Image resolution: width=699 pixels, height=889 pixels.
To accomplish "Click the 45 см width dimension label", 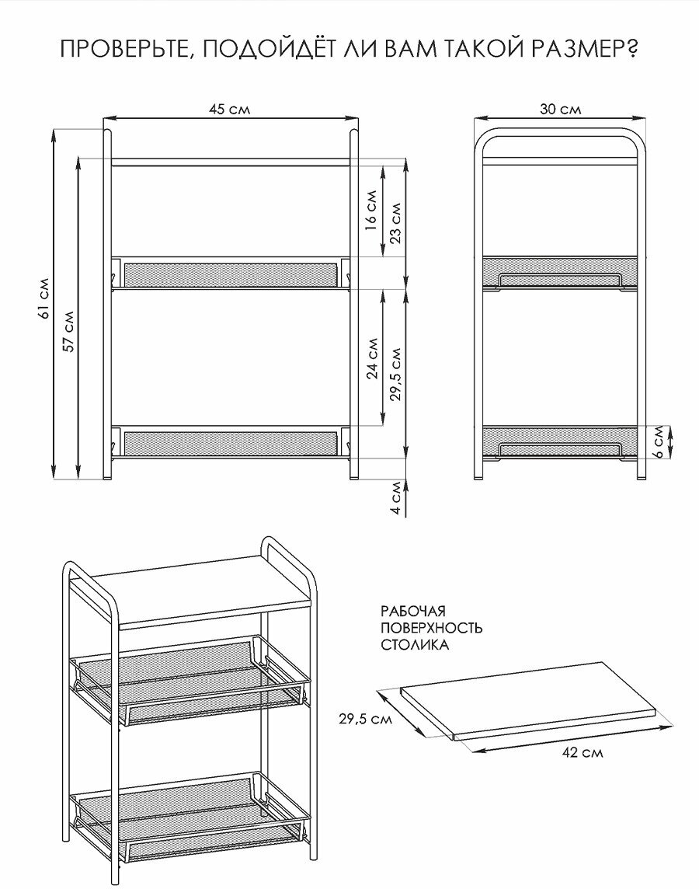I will point(229,110).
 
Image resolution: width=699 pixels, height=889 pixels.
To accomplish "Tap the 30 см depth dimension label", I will point(561,110).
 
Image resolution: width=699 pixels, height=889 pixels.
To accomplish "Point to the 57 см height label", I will point(68,333).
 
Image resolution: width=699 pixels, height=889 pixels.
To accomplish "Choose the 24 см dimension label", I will point(372,357).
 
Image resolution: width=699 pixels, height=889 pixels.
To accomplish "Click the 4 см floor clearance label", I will point(395,499).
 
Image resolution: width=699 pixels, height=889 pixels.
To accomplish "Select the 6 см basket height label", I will point(658,442).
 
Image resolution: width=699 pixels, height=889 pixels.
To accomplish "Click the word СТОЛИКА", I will point(415,645).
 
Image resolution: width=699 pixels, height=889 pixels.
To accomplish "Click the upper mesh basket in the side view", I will point(560,271).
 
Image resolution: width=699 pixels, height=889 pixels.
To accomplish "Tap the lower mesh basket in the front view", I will point(230,444).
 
